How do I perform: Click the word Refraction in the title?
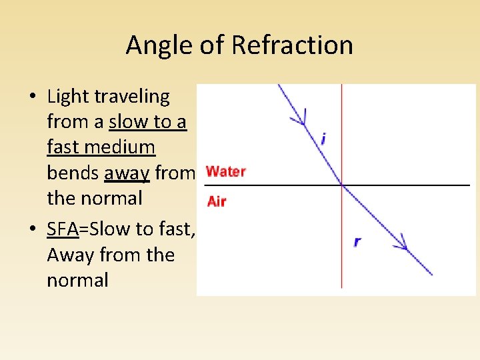click(x=292, y=45)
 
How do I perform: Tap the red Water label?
click(x=226, y=171)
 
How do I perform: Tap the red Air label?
click(x=216, y=201)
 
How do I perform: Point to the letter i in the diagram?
click(x=323, y=139)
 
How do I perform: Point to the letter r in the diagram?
click(x=358, y=241)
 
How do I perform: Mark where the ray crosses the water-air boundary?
click(x=342, y=184)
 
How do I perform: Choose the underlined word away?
click(x=127, y=173)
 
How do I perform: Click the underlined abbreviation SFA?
click(x=63, y=229)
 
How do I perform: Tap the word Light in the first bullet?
click(x=68, y=97)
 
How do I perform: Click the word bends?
click(x=73, y=173)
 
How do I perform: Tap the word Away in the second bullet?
click(x=70, y=255)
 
